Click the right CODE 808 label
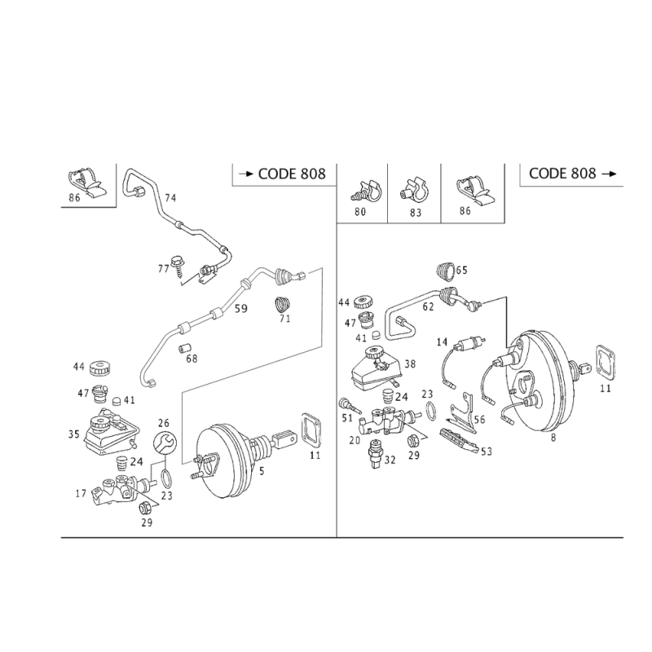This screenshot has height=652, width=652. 563,173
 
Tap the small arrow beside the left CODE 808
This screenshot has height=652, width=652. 241,174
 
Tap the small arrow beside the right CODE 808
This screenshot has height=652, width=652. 613,173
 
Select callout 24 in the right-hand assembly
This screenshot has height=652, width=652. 400,396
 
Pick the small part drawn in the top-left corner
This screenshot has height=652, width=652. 86,185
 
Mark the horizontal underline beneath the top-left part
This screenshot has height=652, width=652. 86,205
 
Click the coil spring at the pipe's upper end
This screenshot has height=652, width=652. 282,275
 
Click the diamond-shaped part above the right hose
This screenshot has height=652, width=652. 450,270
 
